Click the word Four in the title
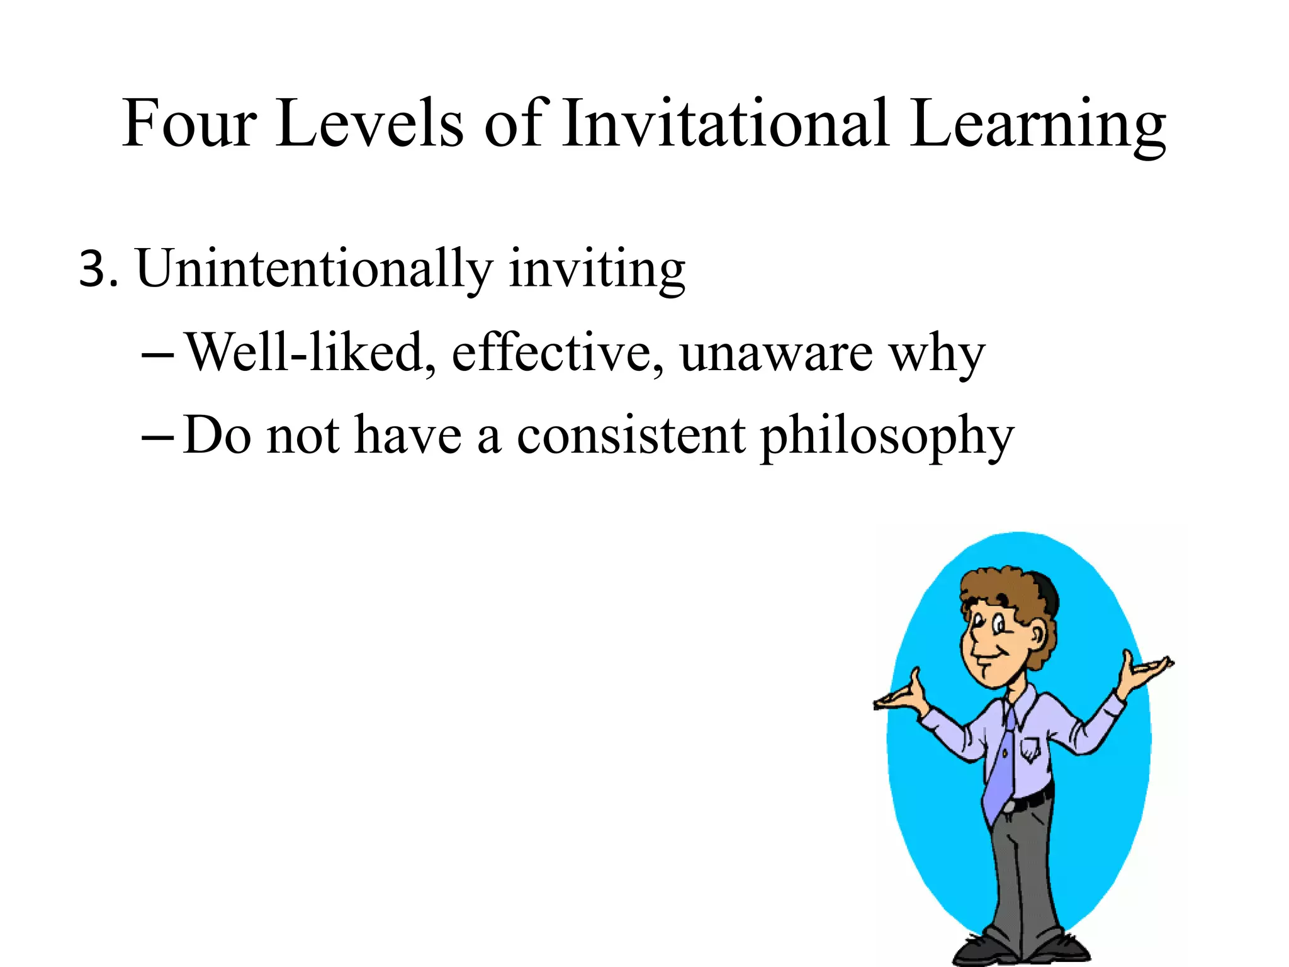tap(189, 123)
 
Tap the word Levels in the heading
tap(369, 123)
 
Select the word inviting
tap(596, 271)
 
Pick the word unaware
tap(775, 354)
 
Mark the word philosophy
tap(887, 438)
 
